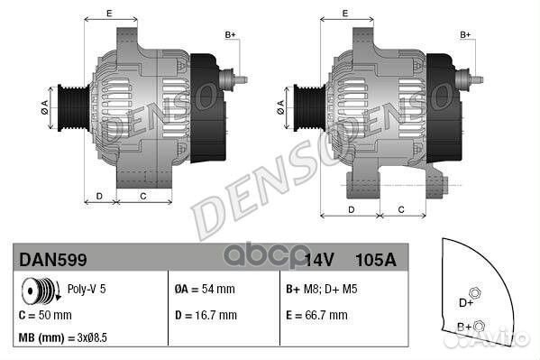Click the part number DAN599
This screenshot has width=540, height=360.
[53, 260]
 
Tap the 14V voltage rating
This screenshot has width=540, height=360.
[319, 260]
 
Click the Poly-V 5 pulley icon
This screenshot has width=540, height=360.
[41, 291]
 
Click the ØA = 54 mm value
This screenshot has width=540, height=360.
[204, 291]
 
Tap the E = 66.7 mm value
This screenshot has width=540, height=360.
[316, 315]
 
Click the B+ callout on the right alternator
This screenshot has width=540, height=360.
[466, 34]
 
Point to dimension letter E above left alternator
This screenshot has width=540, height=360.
[109, 13]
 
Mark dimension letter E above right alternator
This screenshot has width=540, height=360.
[346, 13]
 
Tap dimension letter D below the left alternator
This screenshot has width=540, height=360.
[99, 196]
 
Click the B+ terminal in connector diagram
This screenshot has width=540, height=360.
[480, 325]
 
